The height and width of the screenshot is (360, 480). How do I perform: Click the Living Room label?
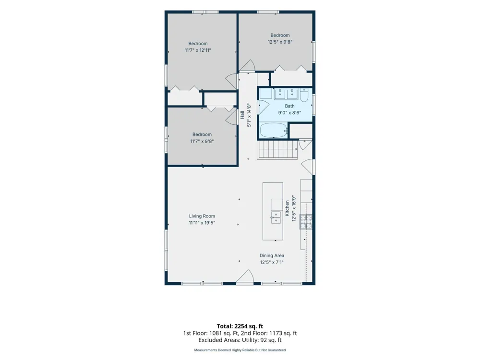[202, 216]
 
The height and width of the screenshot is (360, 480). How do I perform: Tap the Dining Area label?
[272, 256]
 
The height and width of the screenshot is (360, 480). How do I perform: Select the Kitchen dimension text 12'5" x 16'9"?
[294, 209]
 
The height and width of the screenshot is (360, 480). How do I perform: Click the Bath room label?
[289, 106]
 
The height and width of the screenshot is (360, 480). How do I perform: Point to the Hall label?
[242, 115]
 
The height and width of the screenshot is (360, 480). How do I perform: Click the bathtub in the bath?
[274, 131]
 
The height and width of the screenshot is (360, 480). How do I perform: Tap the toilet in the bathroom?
[304, 95]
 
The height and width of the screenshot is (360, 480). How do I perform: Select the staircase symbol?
[278, 150]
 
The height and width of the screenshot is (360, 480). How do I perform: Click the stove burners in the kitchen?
[306, 222]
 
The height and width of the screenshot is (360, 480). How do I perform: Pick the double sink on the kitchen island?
[276, 217]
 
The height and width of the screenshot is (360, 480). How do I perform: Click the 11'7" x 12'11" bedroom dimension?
[198, 50]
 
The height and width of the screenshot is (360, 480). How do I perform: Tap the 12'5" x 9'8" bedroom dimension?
[280, 42]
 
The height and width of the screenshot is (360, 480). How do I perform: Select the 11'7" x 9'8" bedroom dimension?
[202, 142]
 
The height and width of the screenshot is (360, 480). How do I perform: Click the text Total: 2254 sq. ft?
[240, 326]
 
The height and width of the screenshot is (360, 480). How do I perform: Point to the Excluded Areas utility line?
[240, 340]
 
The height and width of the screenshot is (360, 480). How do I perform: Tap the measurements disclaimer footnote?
[240, 350]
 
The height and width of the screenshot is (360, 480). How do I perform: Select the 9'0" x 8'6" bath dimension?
[289, 113]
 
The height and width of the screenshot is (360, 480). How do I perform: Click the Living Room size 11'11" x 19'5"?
[202, 223]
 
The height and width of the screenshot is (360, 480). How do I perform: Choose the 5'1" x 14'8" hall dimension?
[249, 115]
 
